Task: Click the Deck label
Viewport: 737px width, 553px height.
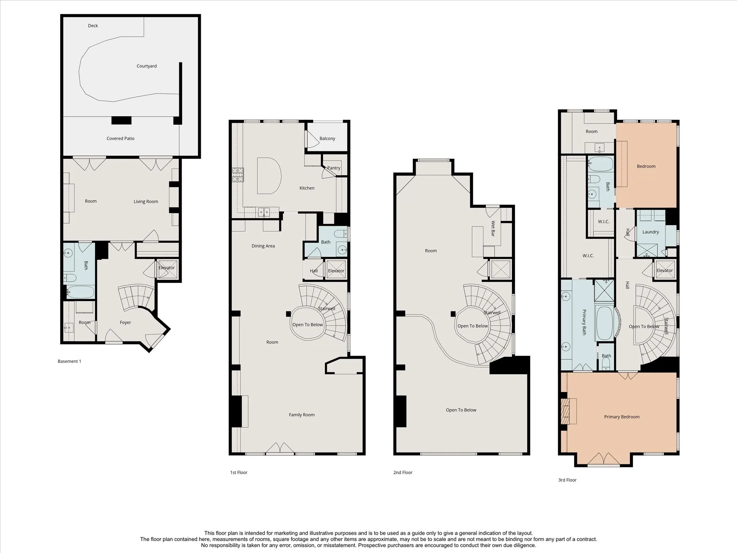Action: coord(93,26)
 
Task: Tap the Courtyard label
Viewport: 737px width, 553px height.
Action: coord(146,66)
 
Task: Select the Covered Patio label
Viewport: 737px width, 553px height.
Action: coord(121,139)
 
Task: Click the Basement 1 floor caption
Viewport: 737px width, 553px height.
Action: coord(69,361)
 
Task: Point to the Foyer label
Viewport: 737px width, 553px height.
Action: coord(125,323)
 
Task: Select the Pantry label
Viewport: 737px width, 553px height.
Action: coord(334,168)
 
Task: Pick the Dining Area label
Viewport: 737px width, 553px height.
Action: coord(263,246)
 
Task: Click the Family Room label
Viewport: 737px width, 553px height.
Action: coord(302,415)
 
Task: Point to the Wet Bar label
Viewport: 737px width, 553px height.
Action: coord(493,229)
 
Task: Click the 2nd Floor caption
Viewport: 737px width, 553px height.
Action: coord(403,473)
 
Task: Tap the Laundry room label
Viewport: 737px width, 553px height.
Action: coord(651,232)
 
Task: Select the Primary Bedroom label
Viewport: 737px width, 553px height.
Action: coord(622,417)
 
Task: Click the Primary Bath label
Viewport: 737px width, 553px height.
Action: coord(584,322)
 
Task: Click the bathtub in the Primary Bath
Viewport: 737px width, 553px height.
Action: coord(605,323)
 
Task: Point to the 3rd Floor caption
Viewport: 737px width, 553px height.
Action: coord(567,480)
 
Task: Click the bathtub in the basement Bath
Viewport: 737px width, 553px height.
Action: coord(80,292)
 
